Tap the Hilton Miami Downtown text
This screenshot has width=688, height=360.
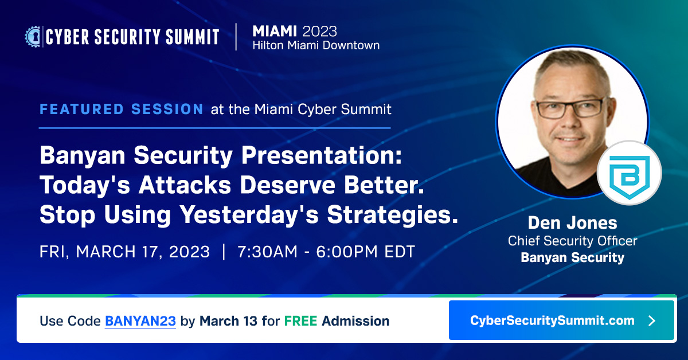[x=316, y=45]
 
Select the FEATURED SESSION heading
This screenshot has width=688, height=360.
[x=121, y=109]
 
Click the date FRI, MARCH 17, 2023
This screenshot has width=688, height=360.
[x=124, y=252]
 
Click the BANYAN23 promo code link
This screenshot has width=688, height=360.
[x=140, y=321]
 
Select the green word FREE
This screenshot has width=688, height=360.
[x=300, y=321]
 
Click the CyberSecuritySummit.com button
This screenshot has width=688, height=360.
[x=561, y=320]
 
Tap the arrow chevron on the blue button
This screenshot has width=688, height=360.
[x=651, y=320]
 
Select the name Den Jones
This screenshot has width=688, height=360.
[x=572, y=222]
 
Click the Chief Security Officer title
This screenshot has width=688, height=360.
[x=572, y=241]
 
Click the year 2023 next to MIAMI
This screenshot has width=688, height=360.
[x=320, y=30]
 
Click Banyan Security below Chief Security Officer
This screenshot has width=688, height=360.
[x=572, y=258]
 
